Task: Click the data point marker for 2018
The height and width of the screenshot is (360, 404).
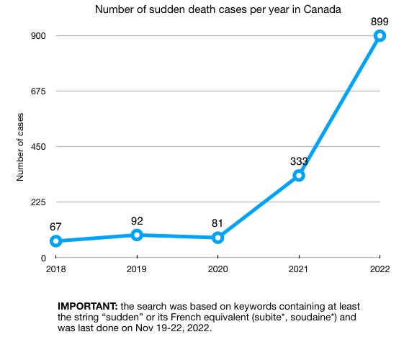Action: coord(55,241)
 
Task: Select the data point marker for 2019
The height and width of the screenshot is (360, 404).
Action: coord(137,235)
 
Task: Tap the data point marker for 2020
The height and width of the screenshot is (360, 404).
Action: coord(217,238)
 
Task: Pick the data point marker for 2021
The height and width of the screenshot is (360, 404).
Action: coord(299,176)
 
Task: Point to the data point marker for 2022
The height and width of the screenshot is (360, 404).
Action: coord(380,36)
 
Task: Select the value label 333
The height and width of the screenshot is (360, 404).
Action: coord(299,160)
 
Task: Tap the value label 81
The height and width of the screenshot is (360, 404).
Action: coord(217,222)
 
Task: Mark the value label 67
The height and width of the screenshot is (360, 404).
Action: coord(56,226)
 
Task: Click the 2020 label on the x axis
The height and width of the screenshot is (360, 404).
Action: coord(217,271)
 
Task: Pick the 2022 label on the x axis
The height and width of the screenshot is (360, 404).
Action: coord(380,271)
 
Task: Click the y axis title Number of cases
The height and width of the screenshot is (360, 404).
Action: coord(21,146)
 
